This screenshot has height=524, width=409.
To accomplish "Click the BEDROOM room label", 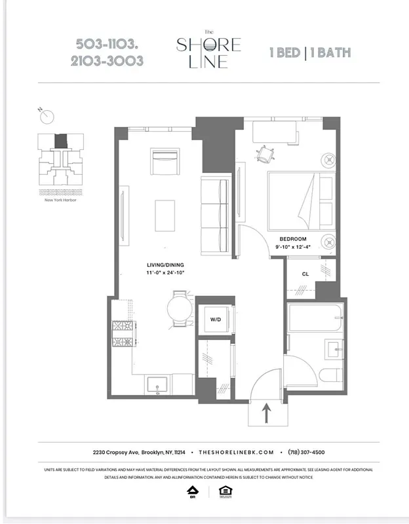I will tap(293, 239).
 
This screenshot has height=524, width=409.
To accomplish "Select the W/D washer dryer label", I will tap(215, 320).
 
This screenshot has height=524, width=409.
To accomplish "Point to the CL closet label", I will tap(305, 275).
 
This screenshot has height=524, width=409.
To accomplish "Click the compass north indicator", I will tap(47, 116).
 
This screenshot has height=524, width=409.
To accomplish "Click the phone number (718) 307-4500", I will tap(306, 452).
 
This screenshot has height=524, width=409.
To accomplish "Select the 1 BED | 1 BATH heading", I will tap(310, 52).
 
